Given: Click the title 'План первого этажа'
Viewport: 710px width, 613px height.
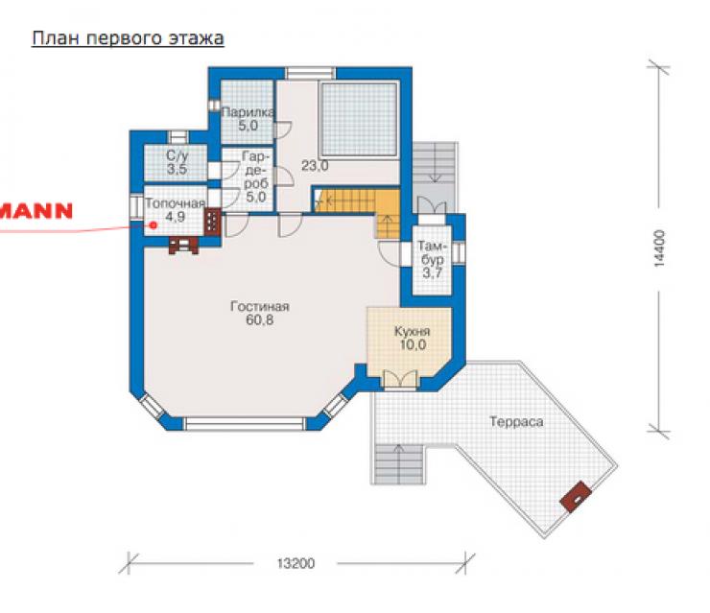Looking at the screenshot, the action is point(128,38).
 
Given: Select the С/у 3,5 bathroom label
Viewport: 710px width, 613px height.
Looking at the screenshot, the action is point(177,162).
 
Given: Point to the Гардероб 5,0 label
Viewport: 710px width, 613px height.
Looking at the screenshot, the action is point(256,177).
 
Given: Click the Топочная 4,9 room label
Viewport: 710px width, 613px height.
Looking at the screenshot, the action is point(176,210).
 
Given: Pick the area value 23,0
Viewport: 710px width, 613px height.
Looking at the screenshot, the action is point(315,166).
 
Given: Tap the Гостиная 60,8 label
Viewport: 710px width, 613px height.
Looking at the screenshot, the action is point(260,313).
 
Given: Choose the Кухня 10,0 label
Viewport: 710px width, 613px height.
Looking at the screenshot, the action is point(413,338).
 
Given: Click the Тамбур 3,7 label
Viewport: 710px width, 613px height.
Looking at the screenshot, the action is point(433,259).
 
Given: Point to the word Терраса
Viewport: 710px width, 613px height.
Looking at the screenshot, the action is point(516,422).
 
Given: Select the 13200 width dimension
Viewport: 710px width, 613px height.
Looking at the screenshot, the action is point(296,564).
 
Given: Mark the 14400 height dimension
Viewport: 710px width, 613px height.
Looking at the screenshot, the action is point(660,248).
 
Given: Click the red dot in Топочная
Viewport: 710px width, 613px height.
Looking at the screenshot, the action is point(154,225).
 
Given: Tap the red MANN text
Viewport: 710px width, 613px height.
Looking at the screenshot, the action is point(35,211).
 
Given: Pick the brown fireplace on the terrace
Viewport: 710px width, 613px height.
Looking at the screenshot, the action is point(576,496).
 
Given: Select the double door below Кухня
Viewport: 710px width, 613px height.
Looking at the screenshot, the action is point(400,380).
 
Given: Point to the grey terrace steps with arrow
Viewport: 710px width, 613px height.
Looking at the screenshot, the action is point(398,464).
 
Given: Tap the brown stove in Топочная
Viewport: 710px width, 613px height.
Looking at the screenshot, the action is point(212,222).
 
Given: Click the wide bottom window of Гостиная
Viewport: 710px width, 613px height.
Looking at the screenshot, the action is point(245,424).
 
